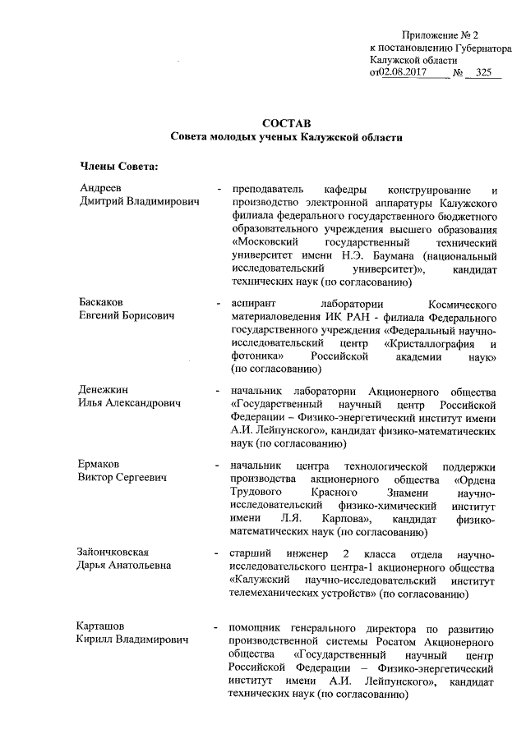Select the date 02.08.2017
click(x=407, y=73)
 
